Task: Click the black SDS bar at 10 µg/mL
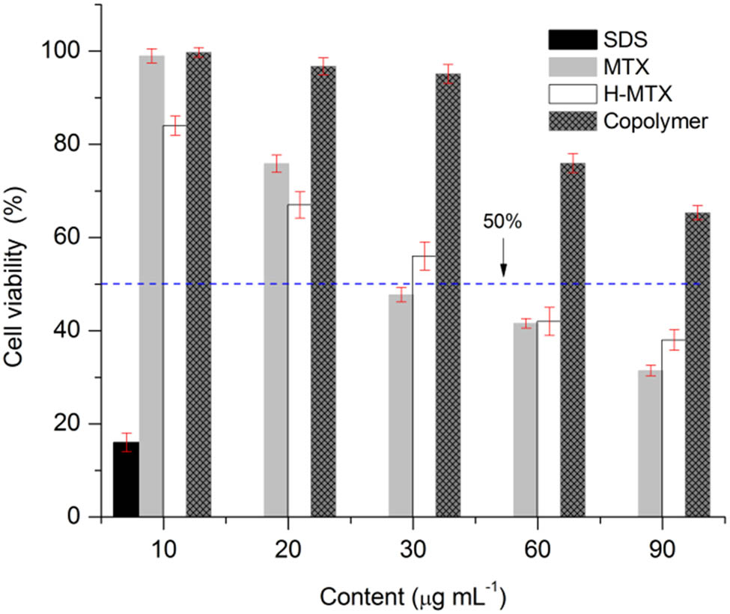(x=126, y=479)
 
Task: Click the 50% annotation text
(x=502, y=222)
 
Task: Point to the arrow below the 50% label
(x=503, y=258)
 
